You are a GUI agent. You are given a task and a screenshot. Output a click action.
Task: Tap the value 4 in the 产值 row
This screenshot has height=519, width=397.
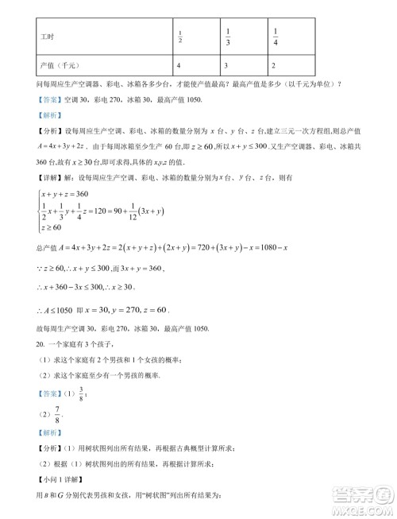pyautogui.click(x=179, y=64)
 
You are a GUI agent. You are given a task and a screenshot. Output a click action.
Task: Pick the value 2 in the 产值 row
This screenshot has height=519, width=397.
pyautogui.click(x=274, y=64)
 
